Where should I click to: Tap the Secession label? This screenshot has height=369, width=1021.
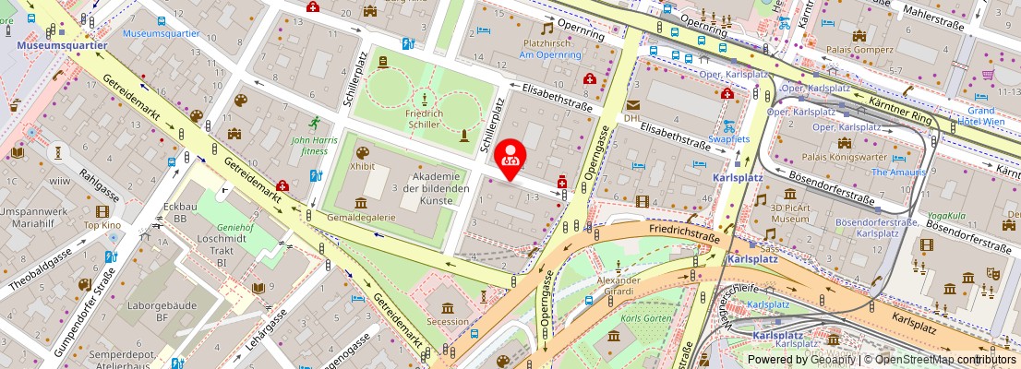click(448, 322)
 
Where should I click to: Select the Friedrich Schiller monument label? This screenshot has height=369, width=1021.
click(424, 119)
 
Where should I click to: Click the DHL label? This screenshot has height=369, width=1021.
click(632, 118)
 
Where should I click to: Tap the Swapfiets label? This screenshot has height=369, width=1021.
click(728, 138)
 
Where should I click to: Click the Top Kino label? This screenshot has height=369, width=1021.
click(102, 225)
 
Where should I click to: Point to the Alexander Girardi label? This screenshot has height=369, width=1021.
click(618, 286)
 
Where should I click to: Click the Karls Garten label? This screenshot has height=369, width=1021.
click(645, 318)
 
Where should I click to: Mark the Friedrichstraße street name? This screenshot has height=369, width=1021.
click(684, 237)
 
